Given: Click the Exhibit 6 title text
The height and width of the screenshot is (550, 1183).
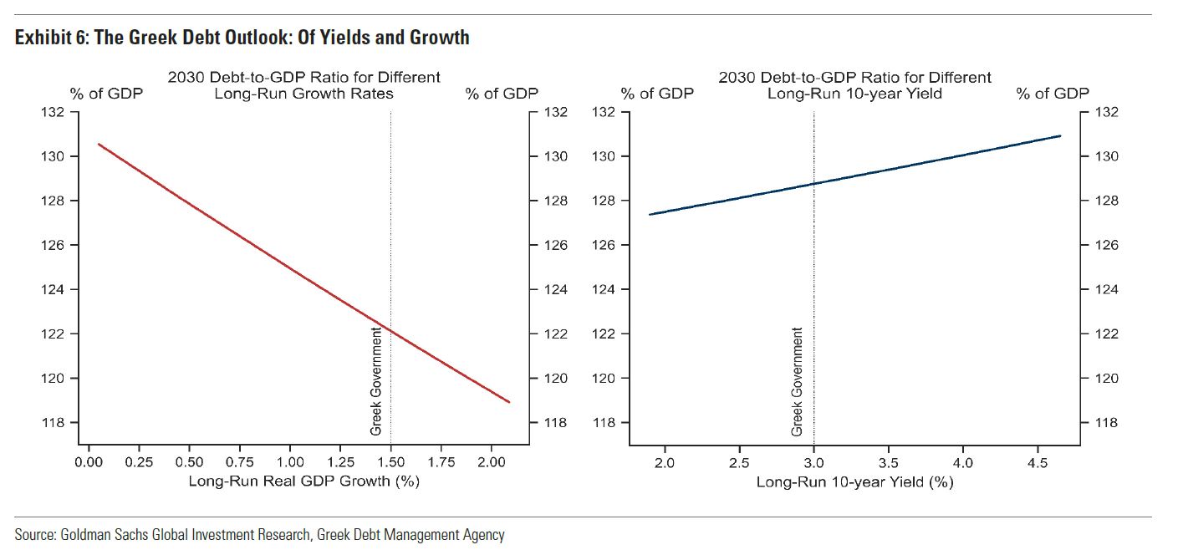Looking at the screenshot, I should click(x=241, y=37).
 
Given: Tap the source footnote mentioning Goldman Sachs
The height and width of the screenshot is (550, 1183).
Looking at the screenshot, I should click(x=259, y=534).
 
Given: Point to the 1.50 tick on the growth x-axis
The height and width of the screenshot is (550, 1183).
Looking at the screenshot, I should click(x=390, y=462).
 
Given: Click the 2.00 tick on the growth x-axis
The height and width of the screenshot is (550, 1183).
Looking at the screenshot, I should click(x=492, y=462).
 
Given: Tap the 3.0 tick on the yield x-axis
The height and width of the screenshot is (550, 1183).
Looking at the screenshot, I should click(x=813, y=462).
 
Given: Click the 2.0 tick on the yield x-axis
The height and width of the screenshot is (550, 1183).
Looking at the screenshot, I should click(x=664, y=462).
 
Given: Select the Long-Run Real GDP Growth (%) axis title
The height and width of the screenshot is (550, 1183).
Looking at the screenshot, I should click(x=303, y=481).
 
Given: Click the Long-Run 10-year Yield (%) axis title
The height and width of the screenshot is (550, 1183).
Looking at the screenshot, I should click(x=854, y=482).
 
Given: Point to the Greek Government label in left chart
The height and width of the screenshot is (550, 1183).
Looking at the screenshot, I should click(x=376, y=381).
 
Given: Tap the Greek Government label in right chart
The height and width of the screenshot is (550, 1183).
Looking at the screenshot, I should click(x=797, y=381).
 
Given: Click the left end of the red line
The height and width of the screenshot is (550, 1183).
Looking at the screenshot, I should click(x=99, y=145).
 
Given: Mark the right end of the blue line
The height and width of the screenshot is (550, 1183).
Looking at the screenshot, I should click(x=1060, y=135).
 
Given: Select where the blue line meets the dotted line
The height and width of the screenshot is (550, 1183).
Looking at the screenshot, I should click(x=813, y=183).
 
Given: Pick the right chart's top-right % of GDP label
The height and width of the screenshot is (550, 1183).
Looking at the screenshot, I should click(x=1053, y=94).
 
